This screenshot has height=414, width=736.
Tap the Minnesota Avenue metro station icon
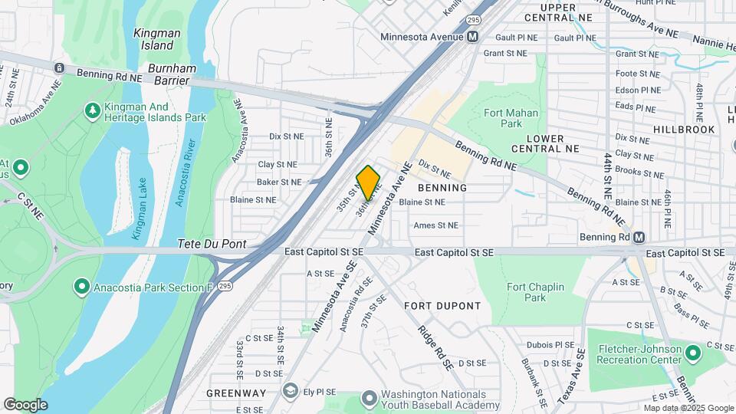(473, 37)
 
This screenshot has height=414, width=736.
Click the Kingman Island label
(157, 39)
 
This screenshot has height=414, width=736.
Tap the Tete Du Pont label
(212, 244)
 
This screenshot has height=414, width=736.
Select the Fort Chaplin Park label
(535, 292)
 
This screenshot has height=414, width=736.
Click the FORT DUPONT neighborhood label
(442, 306)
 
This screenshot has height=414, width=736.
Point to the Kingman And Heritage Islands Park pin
(94, 111)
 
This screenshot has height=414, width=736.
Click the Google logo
(25, 405)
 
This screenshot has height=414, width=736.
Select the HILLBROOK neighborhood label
(684, 130)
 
